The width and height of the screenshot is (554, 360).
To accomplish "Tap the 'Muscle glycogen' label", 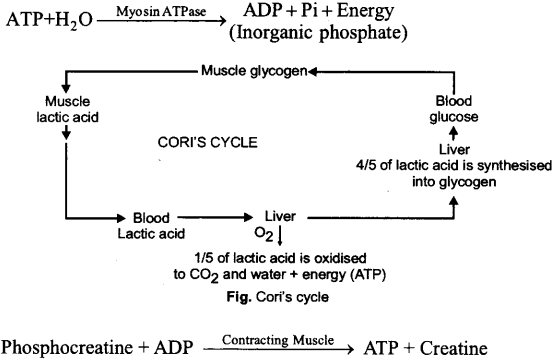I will (254, 72).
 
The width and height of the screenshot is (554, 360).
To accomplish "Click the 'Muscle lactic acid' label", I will (67, 109).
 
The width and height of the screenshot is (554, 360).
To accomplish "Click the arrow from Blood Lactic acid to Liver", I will (216, 216).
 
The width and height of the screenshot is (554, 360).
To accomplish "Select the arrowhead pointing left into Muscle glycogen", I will (314, 72).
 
